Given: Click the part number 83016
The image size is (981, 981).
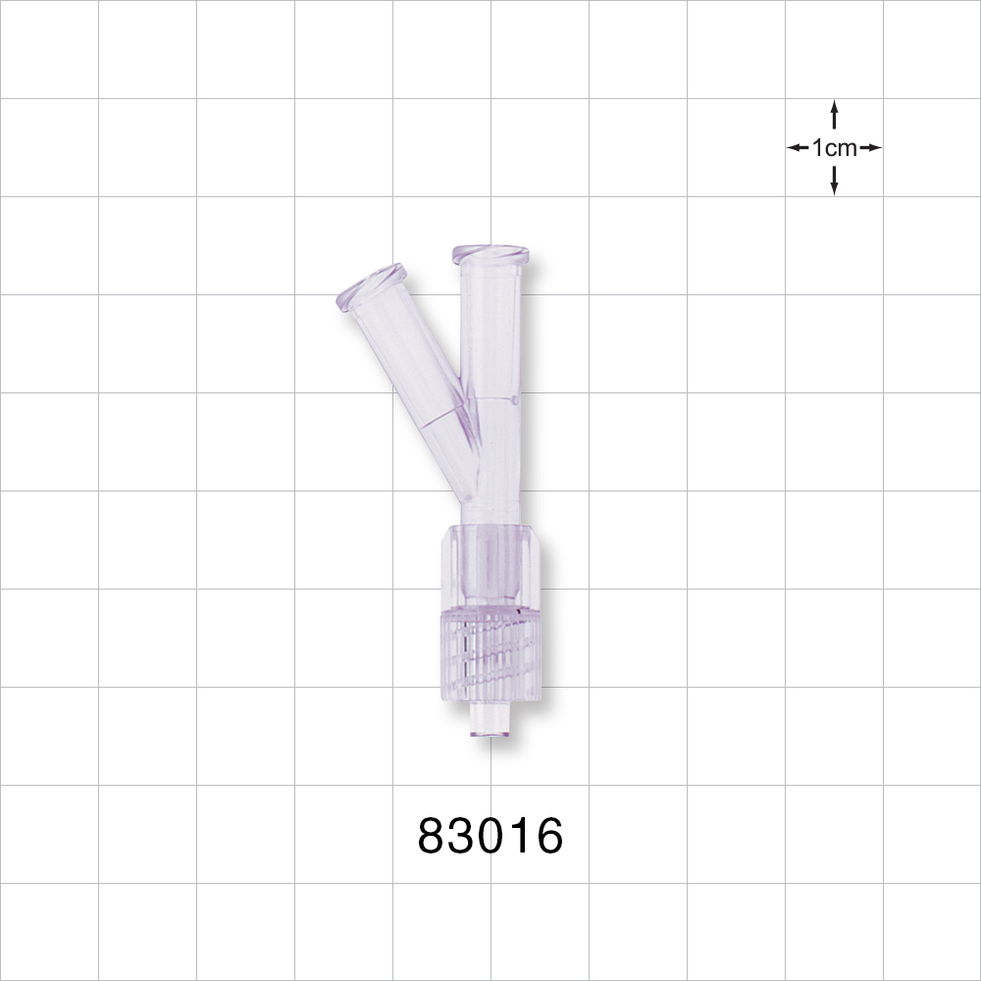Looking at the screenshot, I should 490,837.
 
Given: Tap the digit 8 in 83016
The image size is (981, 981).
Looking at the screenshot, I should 433,837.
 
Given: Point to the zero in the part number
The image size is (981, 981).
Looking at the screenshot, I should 490,837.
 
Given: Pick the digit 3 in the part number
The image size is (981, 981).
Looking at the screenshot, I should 462,837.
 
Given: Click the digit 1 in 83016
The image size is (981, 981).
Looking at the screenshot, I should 520,837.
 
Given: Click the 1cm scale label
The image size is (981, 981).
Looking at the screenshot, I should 834,148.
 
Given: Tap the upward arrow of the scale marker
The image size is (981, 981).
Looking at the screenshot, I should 834,113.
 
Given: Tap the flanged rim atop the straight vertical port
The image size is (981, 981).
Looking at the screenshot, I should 490,255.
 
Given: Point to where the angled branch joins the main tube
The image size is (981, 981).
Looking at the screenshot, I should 469,432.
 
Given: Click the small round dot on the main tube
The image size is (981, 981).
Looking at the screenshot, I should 516,400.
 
